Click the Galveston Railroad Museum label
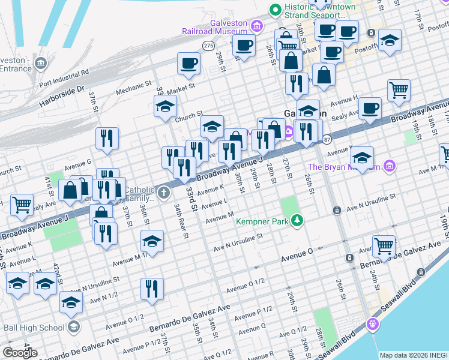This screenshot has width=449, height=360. (x=214, y=28)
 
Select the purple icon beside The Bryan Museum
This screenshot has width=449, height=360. (x=389, y=165)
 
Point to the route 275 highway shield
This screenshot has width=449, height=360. (x=208, y=46)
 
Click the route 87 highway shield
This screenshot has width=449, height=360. (x=327, y=139)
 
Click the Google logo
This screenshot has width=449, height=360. (x=20, y=352)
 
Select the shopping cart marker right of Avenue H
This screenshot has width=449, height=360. (x=399, y=91)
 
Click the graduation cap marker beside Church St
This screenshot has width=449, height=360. (x=164, y=108)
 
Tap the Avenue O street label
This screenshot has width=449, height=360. (x=298, y=259)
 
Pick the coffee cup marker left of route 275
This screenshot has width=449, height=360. (x=188, y=64)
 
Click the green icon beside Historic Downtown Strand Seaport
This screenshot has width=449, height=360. (x=276, y=10)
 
